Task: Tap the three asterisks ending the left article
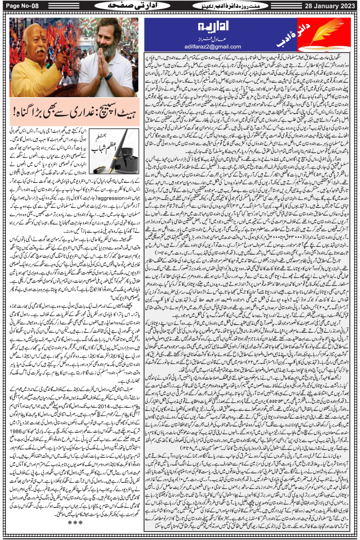[75, 522]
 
